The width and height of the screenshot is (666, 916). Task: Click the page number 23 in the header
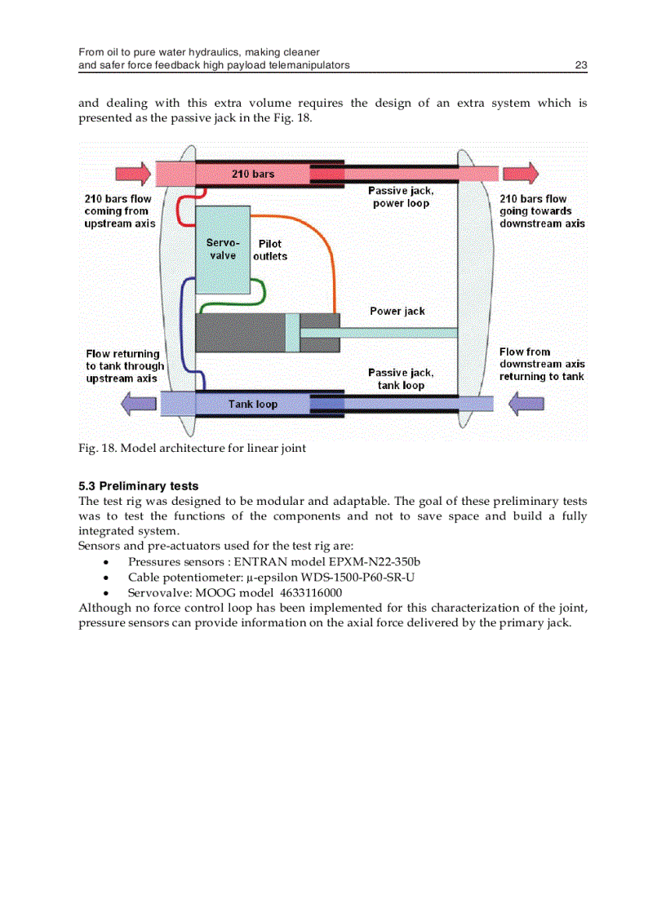pos(580,65)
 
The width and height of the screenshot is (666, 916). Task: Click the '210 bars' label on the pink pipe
pos(252,174)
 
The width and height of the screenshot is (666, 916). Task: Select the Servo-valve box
pos(223,250)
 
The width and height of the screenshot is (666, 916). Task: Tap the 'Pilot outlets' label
pos(269,250)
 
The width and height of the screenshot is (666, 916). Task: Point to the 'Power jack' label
pos(397,311)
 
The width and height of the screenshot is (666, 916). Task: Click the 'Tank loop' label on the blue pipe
pos(252,404)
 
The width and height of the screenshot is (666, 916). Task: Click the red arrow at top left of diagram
pos(133,174)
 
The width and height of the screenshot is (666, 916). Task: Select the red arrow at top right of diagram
pos(521,174)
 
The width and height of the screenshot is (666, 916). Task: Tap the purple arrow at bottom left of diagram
pos(138,403)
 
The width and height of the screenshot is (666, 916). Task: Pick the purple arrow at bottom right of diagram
pos(526,403)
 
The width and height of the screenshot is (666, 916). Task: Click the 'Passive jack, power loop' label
pos(401,197)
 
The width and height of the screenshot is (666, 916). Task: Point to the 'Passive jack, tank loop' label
pos(401,378)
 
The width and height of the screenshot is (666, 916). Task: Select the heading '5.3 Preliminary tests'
pos(138,486)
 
